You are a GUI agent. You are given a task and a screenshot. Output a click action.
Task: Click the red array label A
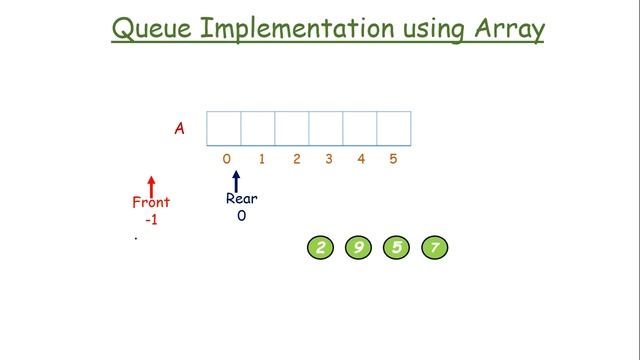(x=179, y=128)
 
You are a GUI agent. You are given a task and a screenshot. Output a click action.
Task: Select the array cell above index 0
(x=224, y=128)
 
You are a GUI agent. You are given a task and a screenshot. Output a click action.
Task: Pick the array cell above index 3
(x=326, y=128)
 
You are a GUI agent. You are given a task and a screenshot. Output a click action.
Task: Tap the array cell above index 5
(x=394, y=128)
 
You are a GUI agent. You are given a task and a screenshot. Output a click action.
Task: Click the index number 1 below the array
(x=261, y=158)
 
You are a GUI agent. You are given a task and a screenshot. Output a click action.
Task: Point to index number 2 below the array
(x=297, y=158)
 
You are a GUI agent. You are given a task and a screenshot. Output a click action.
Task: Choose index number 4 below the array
(x=360, y=158)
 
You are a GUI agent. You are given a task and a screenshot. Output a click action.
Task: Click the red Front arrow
(x=151, y=185)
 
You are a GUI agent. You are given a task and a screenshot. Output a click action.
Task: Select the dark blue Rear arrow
(x=236, y=180)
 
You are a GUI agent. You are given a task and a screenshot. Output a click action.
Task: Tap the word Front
(x=151, y=202)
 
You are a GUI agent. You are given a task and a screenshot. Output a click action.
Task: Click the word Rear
(x=241, y=198)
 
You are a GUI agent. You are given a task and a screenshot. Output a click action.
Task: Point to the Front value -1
(x=151, y=219)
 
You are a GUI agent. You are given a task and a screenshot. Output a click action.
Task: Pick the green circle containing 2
(x=320, y=248)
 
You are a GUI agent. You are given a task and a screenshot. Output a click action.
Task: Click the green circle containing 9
(x=358, y=248)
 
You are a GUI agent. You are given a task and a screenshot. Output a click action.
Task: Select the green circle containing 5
(x=396, y=248)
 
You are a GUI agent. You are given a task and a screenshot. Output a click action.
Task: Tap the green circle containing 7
(x=434, y=248)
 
